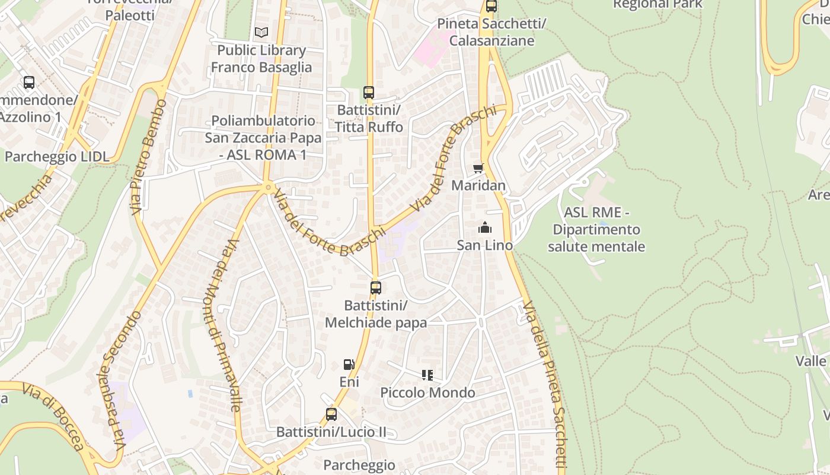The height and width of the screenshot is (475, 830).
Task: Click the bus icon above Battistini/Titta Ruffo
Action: (369, 93)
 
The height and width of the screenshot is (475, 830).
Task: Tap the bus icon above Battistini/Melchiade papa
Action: (375, 288)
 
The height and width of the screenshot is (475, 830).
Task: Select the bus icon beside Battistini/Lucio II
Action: (331, 414)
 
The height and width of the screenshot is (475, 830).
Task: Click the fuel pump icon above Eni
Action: (349, 365)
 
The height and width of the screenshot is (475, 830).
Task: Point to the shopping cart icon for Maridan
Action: (478, 168)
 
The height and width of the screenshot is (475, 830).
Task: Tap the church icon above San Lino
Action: (485, 227)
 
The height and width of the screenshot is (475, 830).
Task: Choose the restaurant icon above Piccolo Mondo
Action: (427, 375)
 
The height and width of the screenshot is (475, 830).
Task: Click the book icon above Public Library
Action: (261, 32)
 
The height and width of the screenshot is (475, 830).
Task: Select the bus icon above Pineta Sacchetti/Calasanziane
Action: (491, 7)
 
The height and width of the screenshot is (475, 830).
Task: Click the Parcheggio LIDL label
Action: (57, 157)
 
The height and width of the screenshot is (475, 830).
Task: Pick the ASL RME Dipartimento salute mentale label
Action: (596, 229)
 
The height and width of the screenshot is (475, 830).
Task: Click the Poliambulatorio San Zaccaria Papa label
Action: (263, 138)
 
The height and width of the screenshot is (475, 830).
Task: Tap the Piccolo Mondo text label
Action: (427, 392)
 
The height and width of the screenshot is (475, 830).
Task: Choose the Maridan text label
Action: (478, 185)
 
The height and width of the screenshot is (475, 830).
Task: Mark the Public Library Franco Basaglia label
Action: (261, 59)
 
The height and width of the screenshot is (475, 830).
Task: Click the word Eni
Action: (349, 382)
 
